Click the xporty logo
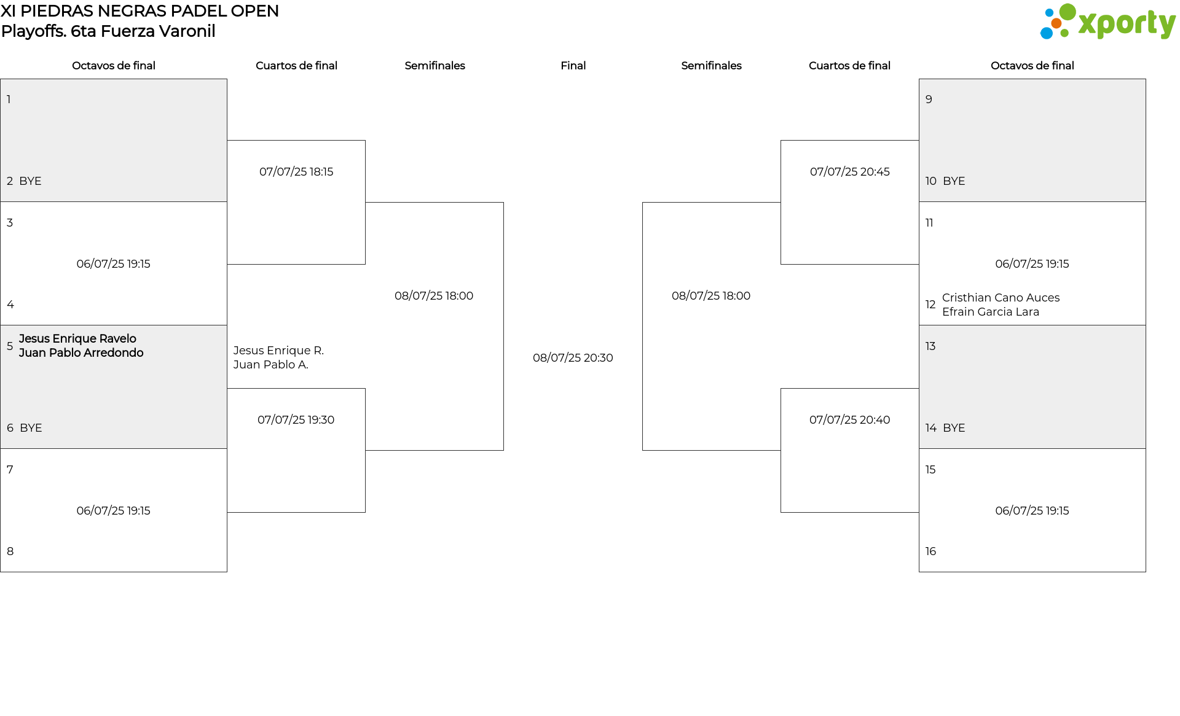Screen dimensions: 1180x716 tap(1107, 22)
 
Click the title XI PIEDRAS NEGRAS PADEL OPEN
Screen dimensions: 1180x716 tap(140, 11)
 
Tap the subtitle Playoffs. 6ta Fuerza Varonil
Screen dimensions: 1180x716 tap(108, 31)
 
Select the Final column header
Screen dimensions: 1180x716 tap(573, 66)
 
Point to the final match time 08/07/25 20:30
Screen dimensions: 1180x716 tap(573, 358)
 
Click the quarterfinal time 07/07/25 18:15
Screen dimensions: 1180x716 tap(296, 172)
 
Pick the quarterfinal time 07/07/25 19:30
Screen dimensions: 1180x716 tap(296, 420)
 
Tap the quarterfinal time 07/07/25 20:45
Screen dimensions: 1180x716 tap(850, 172)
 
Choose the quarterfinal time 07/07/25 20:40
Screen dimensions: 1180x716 tap(850, 420)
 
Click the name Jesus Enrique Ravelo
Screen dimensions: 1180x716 tap(77, 339)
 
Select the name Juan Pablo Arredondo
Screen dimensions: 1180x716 tap(81, 353)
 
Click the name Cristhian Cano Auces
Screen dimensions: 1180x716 tap(1001, 298)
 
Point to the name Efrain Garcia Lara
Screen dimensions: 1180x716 tap(991, 312)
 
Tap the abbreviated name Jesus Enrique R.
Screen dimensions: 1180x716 tap(278, 351)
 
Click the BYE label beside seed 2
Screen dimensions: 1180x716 tap(30, 181)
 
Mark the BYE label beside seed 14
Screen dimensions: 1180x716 tap(954, 428)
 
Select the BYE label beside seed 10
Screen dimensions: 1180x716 tap(954, 181)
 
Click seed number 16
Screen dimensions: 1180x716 tap(930, 551)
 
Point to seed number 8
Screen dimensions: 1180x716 tap(10, 551)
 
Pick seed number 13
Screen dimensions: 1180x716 tap(930, 346)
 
